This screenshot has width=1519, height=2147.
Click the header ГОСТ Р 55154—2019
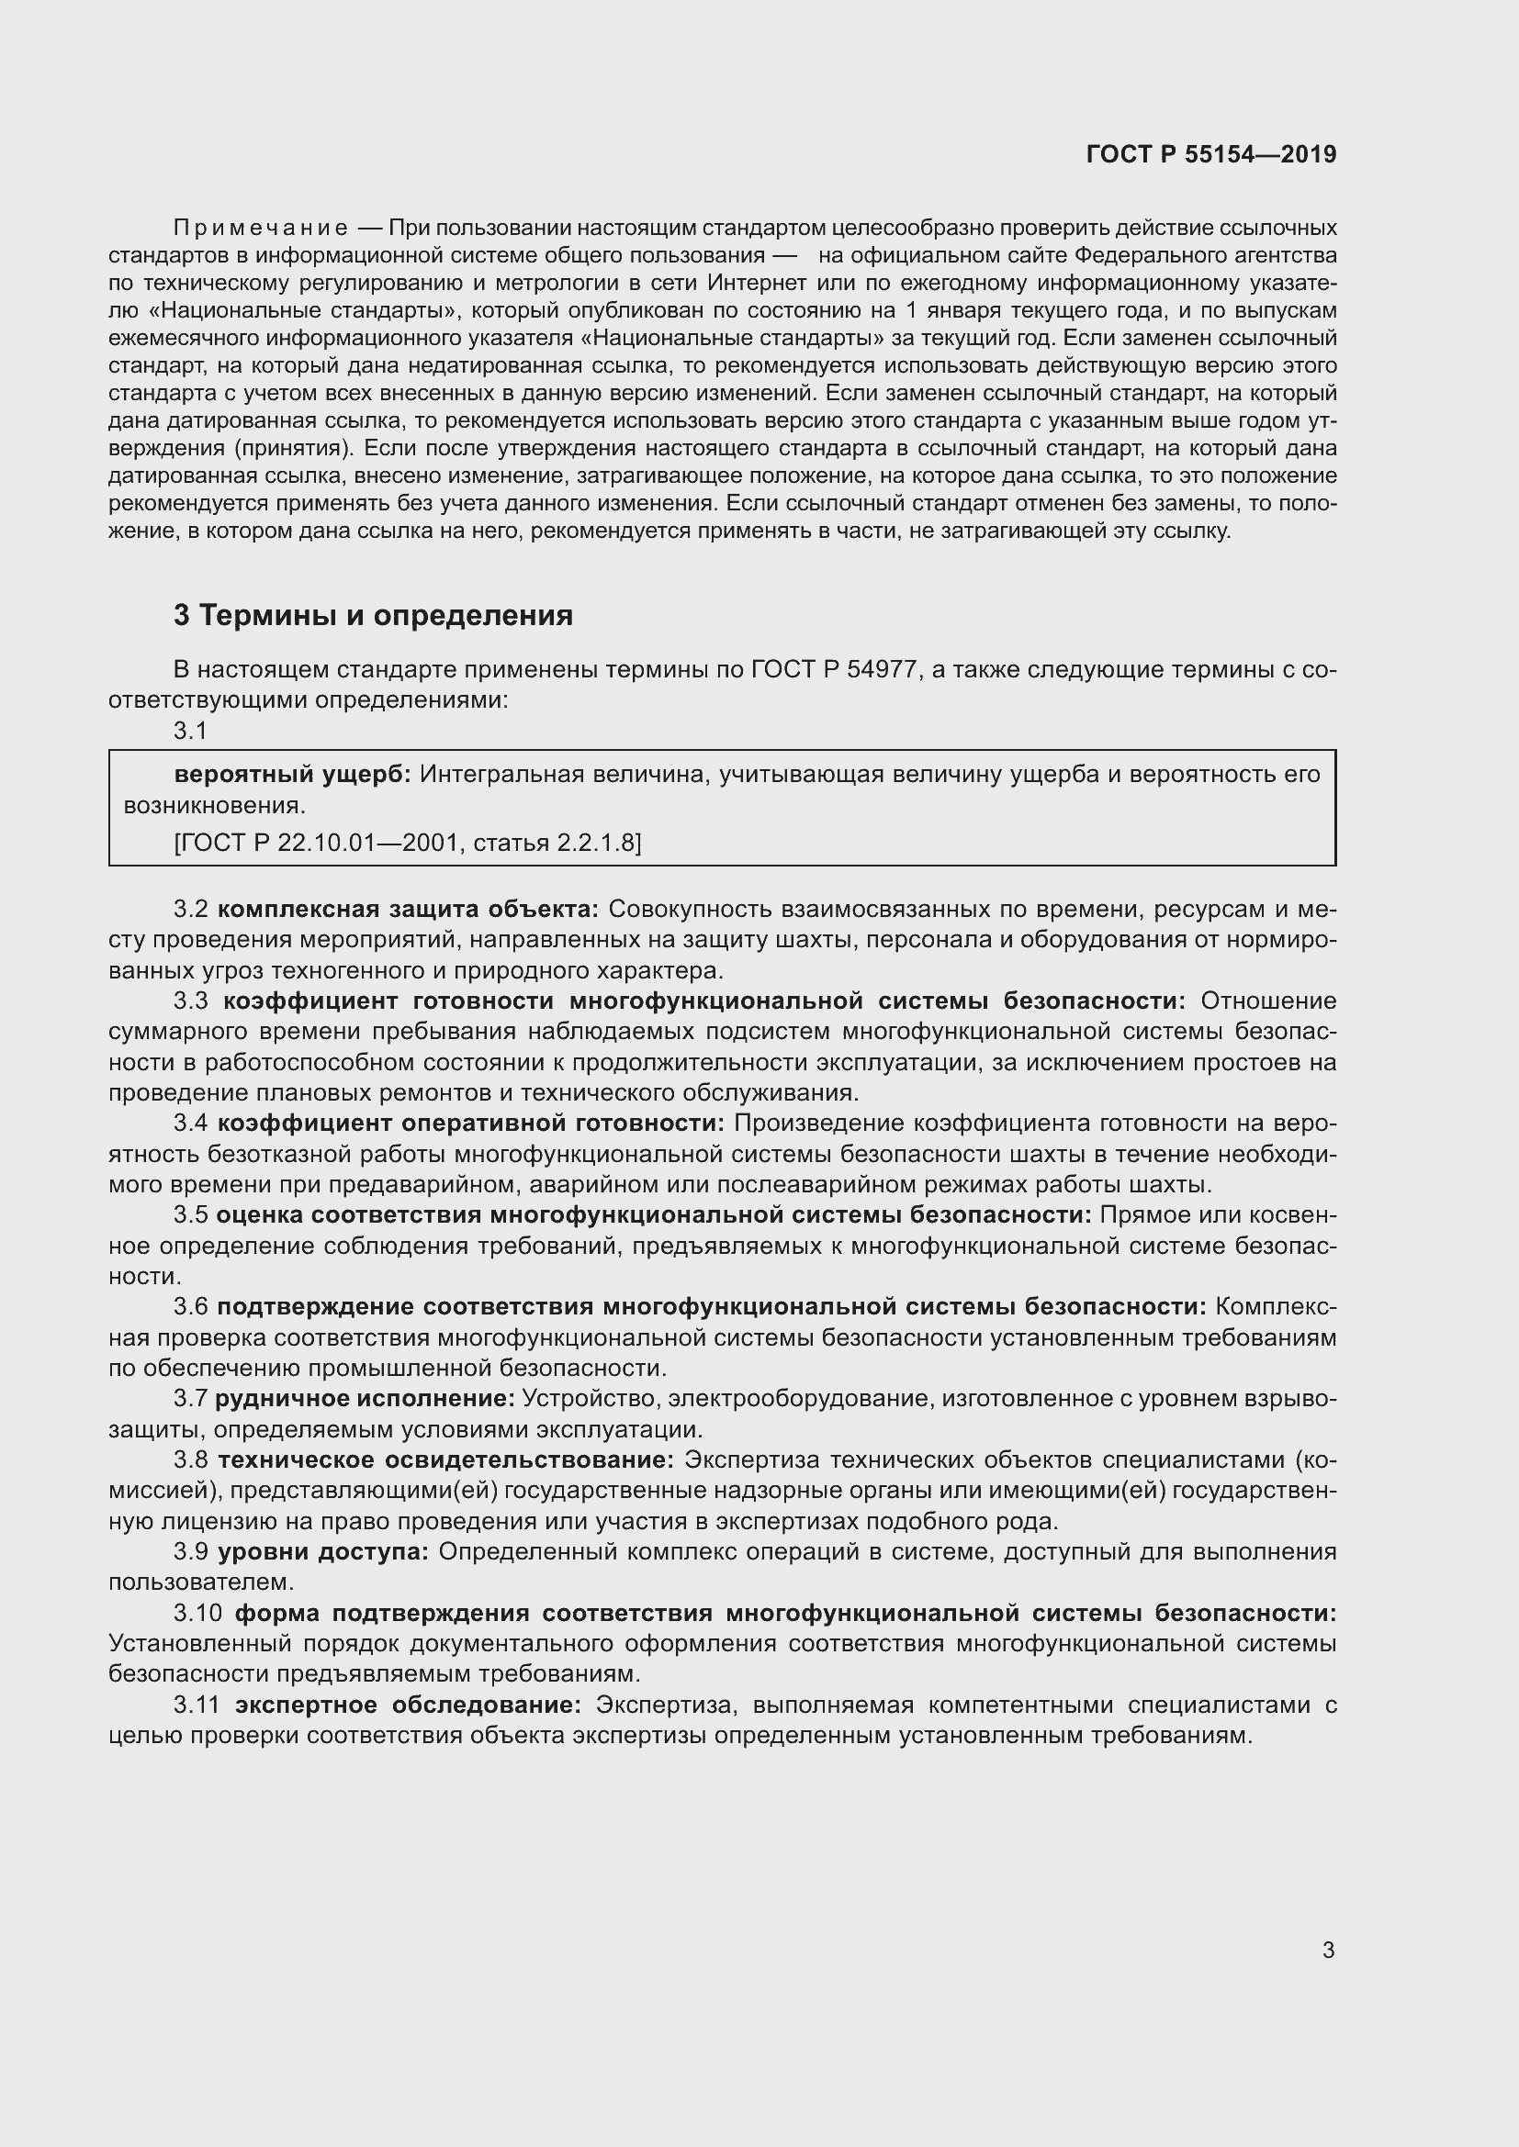coord(1211,154)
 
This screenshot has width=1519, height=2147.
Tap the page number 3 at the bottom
coord(1328,1950)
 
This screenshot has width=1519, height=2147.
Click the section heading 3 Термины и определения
coord(372,615)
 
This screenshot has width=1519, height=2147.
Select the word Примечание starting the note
coord(261,228)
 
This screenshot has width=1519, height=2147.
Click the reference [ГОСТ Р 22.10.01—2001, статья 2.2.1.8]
coord(408,843)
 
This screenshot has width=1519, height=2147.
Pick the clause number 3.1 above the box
coord(191,731)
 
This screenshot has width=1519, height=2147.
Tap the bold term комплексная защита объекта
coord(408,909)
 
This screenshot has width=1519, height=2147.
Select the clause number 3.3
coord(191,1001)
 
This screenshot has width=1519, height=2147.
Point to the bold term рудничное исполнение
coord(365,1399)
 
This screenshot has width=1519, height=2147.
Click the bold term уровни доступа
coord(323,1551)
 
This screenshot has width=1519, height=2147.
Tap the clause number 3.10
coord(197,1613)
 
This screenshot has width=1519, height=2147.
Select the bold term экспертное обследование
coord(408,1705)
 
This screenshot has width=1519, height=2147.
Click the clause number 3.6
coord(191,1306)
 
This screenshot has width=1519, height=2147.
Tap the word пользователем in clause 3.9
coord(201,1582)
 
